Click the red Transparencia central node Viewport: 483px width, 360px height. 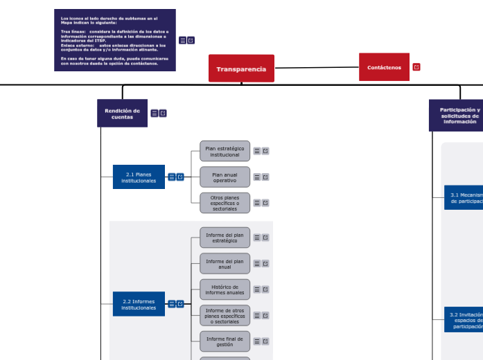(x=241, y=69)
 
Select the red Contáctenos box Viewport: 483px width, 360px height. (x=384, y=67)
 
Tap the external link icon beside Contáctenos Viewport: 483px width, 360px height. (x=416, y=67)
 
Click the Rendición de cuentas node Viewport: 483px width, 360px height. (x=122, y=114)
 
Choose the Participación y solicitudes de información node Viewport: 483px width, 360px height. (x=459, y=116)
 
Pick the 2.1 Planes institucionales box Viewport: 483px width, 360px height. (x=139, y=177)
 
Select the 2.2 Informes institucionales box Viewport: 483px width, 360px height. (x=139, y=304)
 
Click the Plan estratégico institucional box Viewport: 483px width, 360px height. (x=225, y=151)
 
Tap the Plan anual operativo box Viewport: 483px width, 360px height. (x=225, y=177)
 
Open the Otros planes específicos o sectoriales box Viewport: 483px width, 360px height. (x=225, y=203)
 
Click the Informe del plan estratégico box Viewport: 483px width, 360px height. (x=225, y=237)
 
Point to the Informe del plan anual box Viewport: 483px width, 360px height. (x=225, y=264)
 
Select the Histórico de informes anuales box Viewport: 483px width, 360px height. (x=225, y=289)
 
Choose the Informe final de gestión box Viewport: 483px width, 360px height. (x=225, y=341)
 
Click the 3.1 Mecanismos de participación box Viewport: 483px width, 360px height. (x=464, y=197)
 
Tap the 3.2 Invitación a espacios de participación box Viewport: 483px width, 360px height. (x=464, y=321)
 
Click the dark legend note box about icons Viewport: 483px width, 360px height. (x=114, y=40)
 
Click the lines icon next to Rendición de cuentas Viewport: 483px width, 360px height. (x=155, y=114)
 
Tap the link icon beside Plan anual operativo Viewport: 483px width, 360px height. (x=265, y=177)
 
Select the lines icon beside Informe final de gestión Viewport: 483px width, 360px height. (x=257, y=341)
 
